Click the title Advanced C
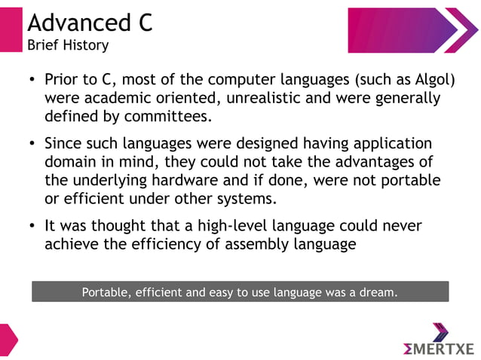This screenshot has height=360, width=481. click(x=90, y=22)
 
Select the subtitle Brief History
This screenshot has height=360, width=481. click(x=68, y=45)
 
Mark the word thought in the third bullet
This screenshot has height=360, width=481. click(x=123, y=226)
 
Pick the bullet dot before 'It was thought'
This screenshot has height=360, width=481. click(x=32, y=227)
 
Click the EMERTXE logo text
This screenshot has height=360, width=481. click(x=439, y=347)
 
